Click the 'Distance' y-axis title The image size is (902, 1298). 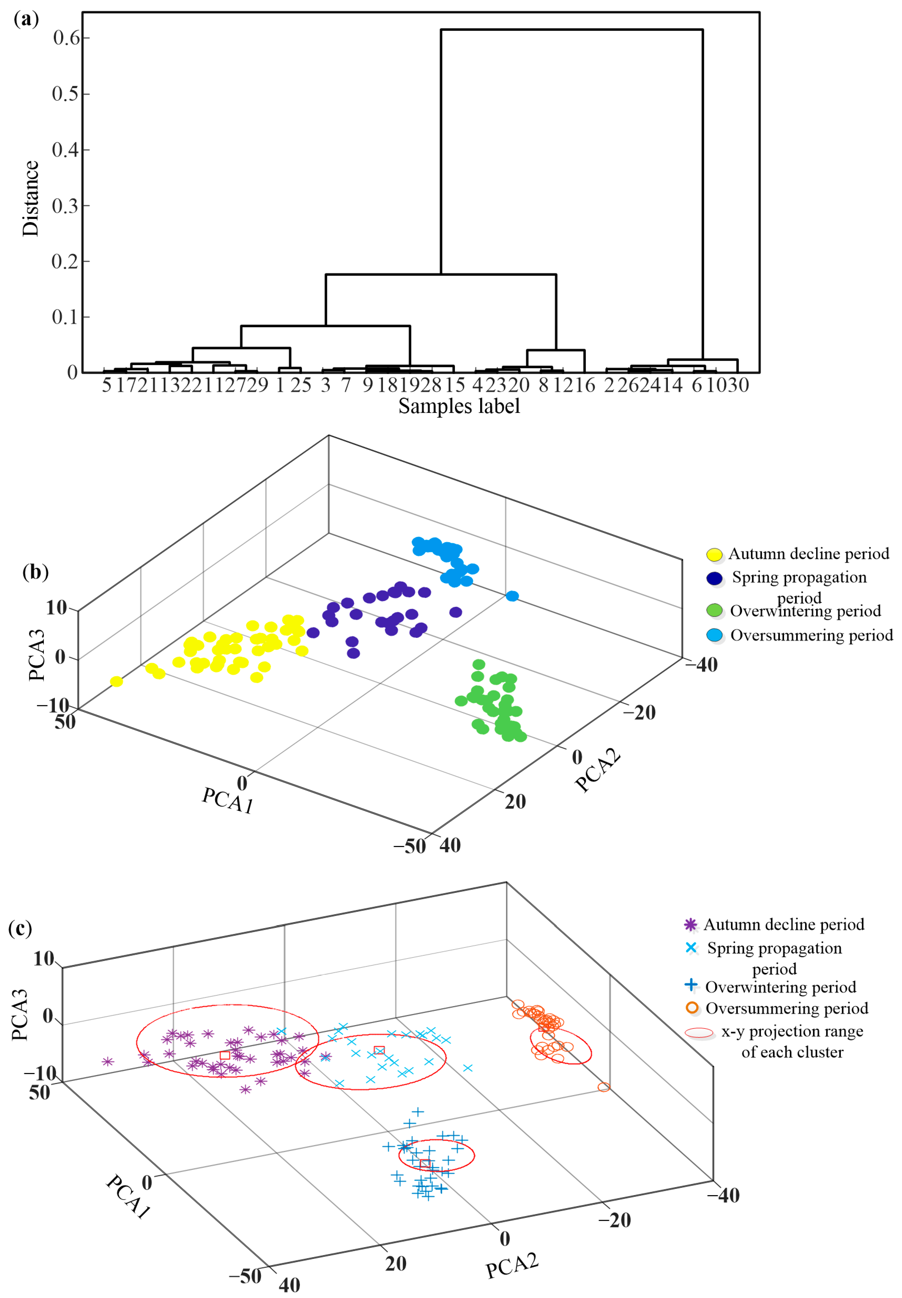pyautogui.click(x=31, y=199)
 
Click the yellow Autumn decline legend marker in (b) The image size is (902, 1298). pyautogui.click(x=714, y=554)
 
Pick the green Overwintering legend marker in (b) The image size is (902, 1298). pyautogui.click(x=714, y=611)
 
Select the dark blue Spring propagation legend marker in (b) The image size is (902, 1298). pyautogui.click(x=714, y=578)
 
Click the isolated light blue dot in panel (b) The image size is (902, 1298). pyautogui.click(x=512, y=596)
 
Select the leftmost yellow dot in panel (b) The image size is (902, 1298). pyautogui.click(x=116, y=681)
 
